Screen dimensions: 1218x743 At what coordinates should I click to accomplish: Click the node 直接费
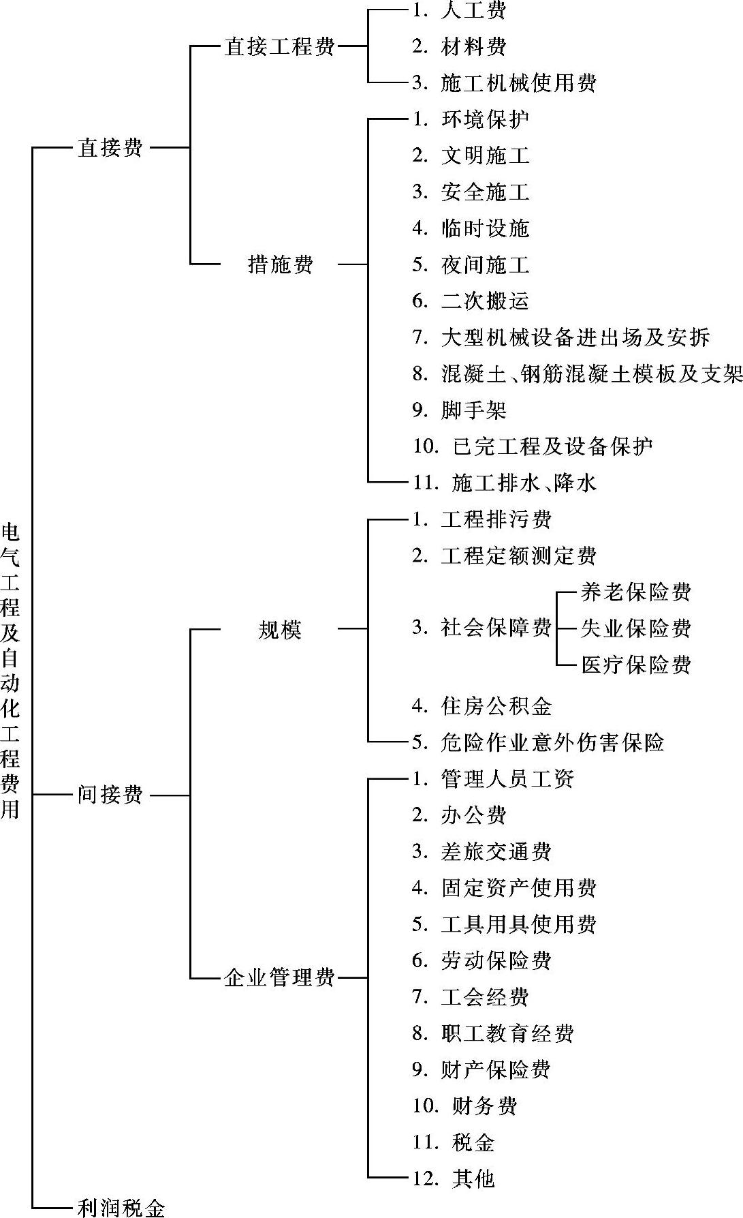pos(110,147)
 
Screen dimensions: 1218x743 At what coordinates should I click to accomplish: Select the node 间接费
pos(110,794)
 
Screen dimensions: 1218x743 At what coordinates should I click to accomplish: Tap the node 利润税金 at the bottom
pos(121,1207)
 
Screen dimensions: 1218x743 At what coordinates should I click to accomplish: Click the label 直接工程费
pos(280,47)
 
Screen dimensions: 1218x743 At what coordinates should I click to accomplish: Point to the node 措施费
pos(280,264)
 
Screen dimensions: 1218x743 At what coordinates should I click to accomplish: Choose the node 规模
pos(280,629)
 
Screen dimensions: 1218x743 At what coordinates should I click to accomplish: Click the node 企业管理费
pos(280,978)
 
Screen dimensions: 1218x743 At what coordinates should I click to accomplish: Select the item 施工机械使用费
pos(518,83)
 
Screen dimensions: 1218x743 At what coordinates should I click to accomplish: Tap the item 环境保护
pos(484,119)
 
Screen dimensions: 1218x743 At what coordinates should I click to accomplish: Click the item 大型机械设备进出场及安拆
pos(575,337)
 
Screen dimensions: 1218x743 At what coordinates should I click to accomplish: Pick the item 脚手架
pos(473,410)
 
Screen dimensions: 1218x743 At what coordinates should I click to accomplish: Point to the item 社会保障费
pos(495,628)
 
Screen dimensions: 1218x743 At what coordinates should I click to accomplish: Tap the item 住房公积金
pos(495,705)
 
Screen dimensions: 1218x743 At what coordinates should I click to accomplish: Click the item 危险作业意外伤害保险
pos(552,742)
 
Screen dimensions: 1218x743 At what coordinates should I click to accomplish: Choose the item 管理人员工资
pos(507,778)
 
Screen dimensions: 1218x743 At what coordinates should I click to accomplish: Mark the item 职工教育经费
pos(507,1033)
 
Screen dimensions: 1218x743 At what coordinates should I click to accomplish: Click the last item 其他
pos(473,1178)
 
